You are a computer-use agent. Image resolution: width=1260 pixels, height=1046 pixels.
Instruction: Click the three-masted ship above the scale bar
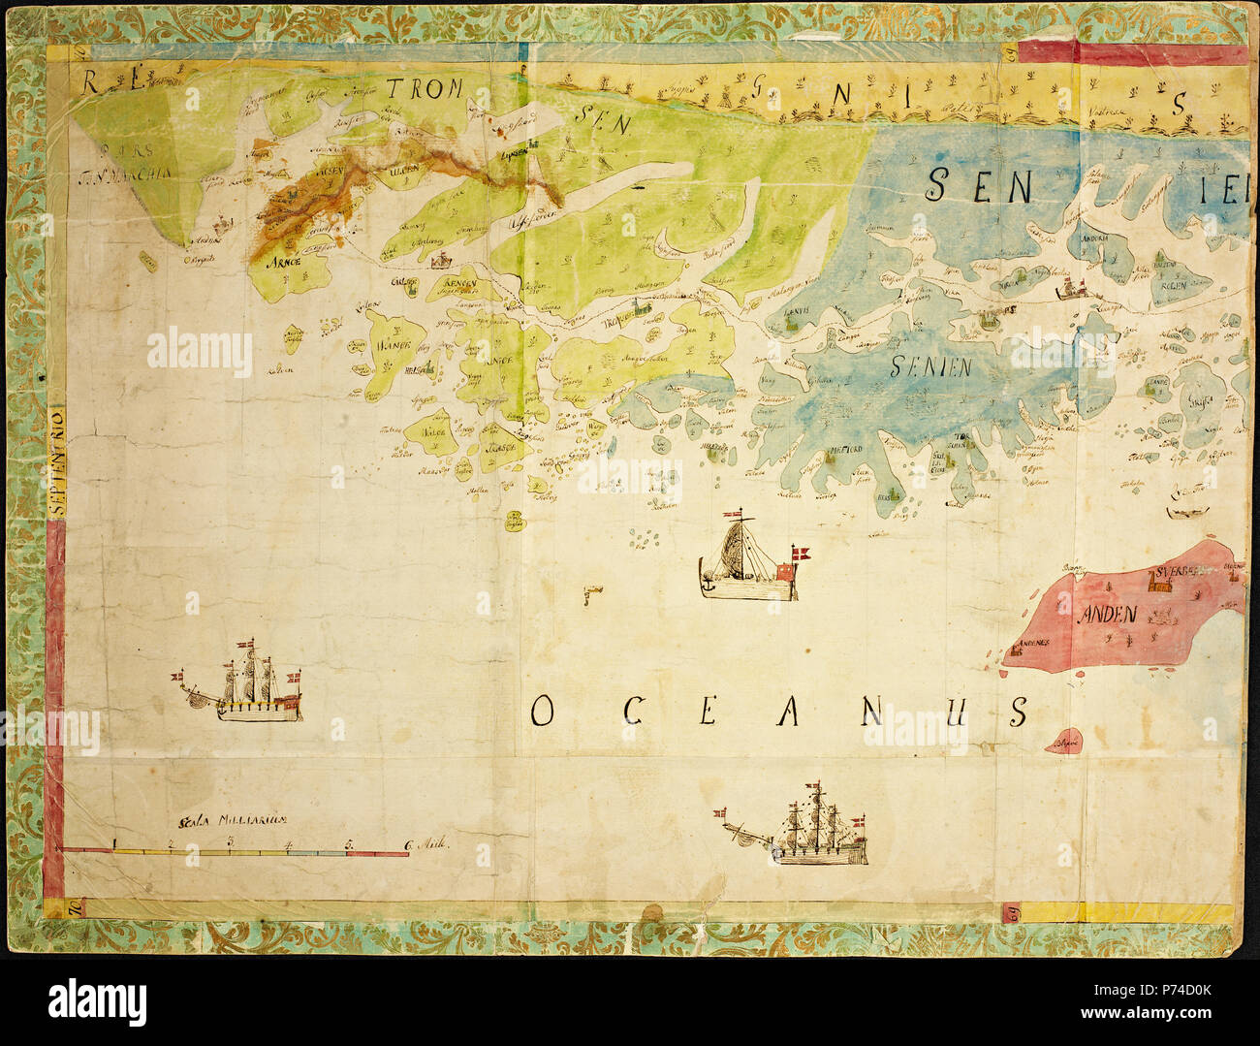248,686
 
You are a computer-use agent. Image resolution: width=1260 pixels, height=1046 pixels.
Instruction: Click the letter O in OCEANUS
542,713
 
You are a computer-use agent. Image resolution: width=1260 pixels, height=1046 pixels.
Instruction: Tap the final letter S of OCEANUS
1017,713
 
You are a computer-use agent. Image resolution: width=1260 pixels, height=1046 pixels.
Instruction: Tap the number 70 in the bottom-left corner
72,908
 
